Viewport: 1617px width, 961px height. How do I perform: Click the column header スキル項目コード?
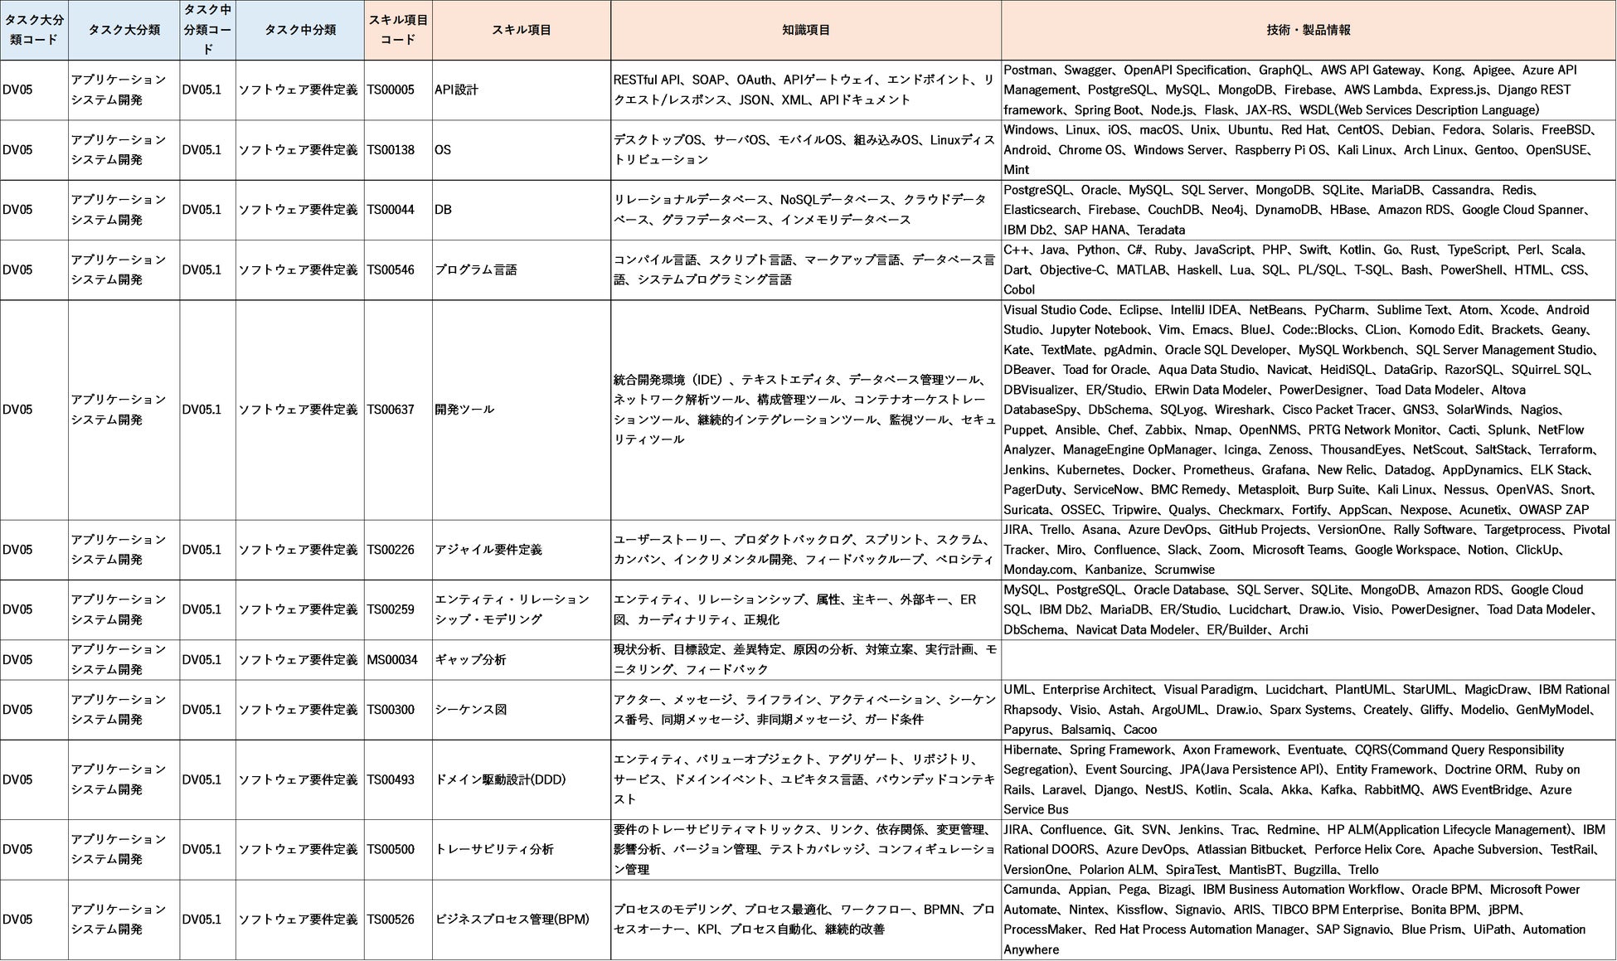[397, 30]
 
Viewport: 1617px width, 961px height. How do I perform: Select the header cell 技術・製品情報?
[1308, 30]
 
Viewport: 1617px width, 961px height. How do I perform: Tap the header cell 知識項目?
[805, 30]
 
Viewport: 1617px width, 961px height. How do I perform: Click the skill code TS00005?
[391, 90]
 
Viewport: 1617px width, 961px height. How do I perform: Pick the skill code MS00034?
[392, 660]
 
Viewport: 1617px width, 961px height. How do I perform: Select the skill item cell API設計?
[456, 90]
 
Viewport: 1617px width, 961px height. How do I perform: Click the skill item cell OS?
[443, 150]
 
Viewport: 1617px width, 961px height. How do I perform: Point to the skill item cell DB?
[443, 210]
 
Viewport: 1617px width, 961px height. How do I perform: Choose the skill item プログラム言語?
[475, 269]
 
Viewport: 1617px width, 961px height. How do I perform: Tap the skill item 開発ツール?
[464, 410]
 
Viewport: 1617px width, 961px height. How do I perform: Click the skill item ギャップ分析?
[470, 660]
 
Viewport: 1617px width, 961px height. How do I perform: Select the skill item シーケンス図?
[470, 710]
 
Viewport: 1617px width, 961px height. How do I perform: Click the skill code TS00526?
[391, 920]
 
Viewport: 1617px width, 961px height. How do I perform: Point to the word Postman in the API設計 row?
[1027, 70]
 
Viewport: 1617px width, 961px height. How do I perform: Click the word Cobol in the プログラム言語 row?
[1019, 289]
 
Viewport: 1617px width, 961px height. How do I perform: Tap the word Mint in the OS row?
[1016, 170]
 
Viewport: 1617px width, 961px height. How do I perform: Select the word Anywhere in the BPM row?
[1031, 949]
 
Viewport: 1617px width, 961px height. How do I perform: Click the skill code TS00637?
[391, 410]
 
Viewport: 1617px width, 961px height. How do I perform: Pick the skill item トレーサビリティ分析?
[494, 849]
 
